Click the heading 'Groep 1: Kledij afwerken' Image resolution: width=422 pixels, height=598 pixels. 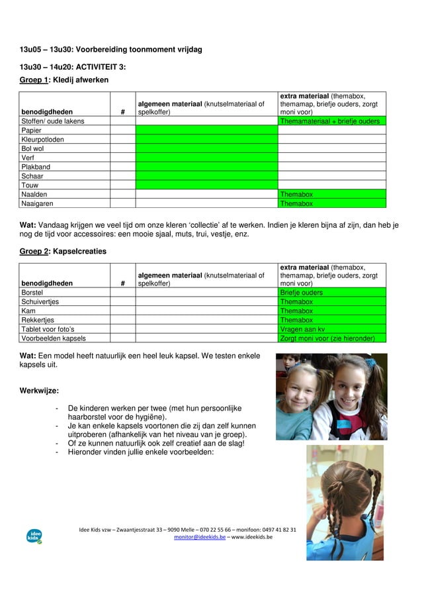pyautogui.click(x=64, y=79)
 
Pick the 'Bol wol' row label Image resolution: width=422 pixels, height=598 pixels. pyautogui.click(x=32, y=149)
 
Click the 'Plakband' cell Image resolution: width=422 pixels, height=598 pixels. pyautogui.click(x=36, y=167)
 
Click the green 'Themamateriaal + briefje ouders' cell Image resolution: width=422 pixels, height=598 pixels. pyautogui.click(x=330, y=121)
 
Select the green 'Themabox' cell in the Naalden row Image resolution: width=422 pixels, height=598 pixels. pyautogui.click(x=330, y=195)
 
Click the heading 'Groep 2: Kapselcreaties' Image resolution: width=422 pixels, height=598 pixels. pyautogui.click(x=63, y=252)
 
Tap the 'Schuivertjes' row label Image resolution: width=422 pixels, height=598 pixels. pyautogui.click(x=40, y=301)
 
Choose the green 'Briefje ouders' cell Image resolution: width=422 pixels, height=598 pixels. pyautogui.click(x=330, y=293)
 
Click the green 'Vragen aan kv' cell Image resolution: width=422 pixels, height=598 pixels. pyautogui.click(x=330, y=329)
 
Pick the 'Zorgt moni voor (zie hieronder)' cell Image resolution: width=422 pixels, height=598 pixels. pyautogui.click(x=330, y=338)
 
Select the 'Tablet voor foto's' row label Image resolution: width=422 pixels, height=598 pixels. pyautogui.click(x=48, y=329)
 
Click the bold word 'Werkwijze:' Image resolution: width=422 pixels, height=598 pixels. pyautogui.click(x=39, y=391)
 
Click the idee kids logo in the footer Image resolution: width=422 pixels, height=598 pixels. pyautogui.click(x=34, y=536)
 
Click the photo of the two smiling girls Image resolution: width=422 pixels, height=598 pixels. pyautogui.click(x=331, y=396)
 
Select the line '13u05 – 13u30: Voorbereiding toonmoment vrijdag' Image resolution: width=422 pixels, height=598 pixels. pyautogui.click(x=111, y=50)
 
